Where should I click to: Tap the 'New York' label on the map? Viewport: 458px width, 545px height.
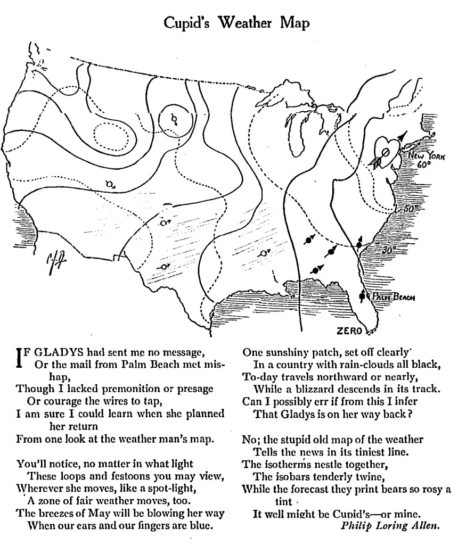tap(423, 156)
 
